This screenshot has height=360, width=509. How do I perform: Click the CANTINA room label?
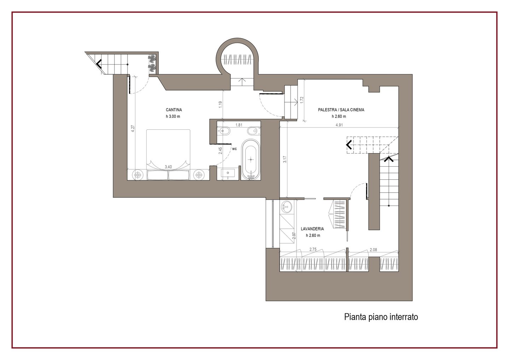click(174, 110)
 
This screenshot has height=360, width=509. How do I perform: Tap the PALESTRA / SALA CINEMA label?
click(341, 110)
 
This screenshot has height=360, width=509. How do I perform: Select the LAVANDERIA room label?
click(312, 229)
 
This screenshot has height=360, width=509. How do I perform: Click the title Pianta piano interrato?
click(381, 317)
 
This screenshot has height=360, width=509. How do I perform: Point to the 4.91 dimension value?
click(339, 125)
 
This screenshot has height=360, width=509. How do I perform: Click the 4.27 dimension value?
click(133, 129)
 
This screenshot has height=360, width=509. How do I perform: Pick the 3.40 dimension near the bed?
click(168, 167)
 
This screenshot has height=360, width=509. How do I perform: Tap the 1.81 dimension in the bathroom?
click(239, 125)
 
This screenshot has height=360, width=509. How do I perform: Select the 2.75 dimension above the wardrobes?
click(313, 249)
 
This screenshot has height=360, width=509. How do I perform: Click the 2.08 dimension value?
click(373, 250)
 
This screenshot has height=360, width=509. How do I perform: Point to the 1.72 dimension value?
click(302, 100)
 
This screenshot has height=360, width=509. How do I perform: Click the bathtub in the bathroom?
click(251, 159)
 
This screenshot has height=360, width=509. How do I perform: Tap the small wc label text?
click(234, 149)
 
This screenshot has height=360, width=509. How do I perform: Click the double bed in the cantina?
click(168, 155)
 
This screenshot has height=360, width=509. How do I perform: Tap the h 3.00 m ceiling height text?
click(173, 117)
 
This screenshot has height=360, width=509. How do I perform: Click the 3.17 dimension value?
click(285, 159)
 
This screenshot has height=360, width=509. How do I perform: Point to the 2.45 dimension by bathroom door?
click(220, 151)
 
